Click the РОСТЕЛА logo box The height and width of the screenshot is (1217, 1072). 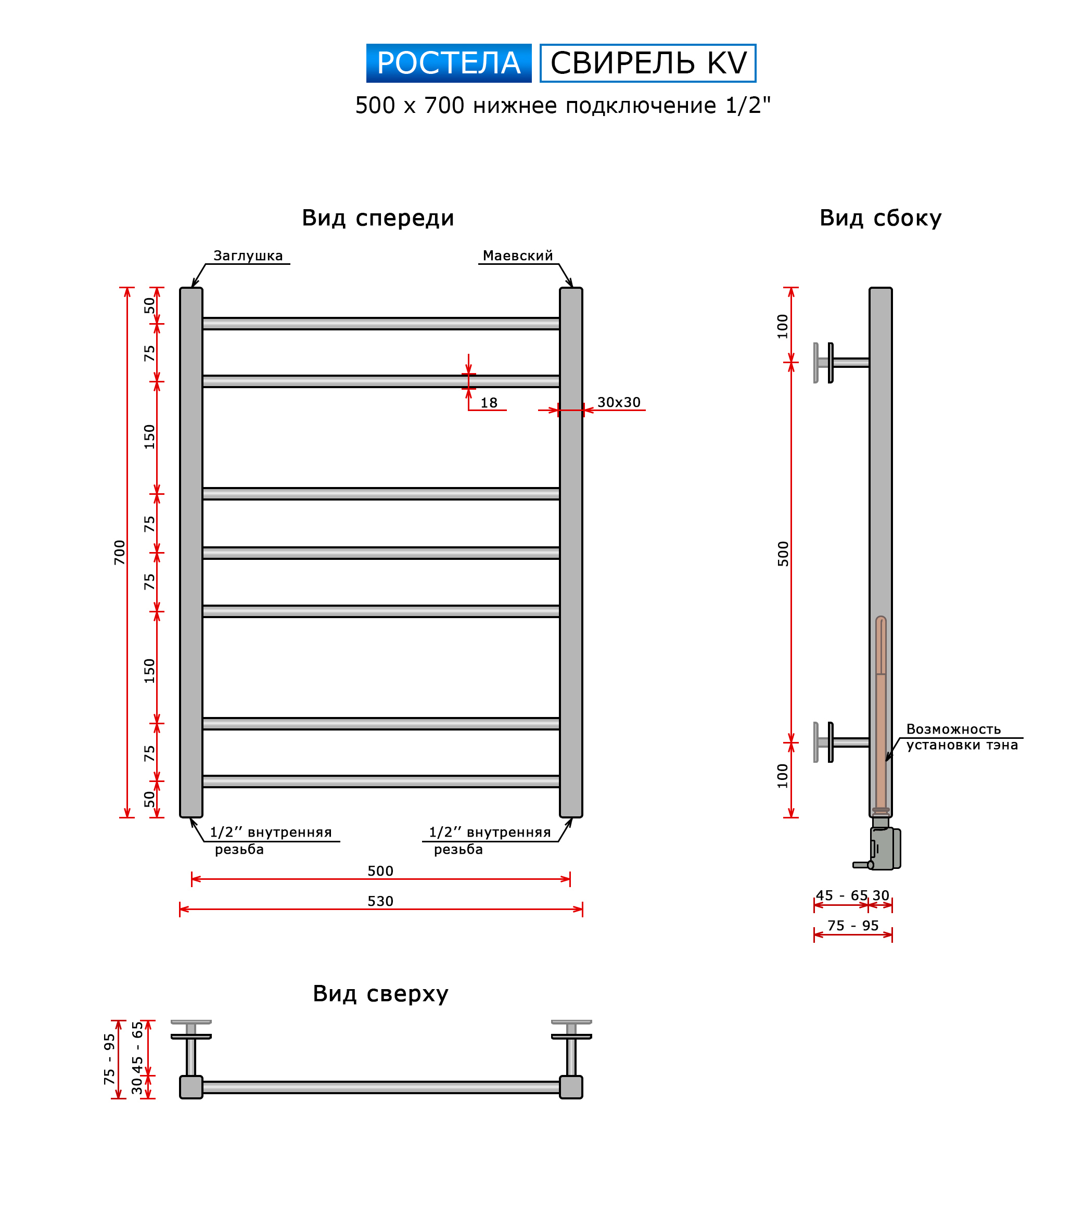point(449,62)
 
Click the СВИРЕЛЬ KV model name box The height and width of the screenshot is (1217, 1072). point(647,62)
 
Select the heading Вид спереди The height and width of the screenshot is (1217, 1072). point(378,218)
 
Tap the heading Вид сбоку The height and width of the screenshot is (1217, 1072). point(879,218)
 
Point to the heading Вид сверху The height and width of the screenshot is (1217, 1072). point(380,994)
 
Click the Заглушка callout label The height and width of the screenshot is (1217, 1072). point(248,255)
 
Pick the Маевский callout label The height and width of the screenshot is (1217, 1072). point(518,255)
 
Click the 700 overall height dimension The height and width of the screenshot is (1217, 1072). point(120,552)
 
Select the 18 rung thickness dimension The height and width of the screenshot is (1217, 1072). point(488,403)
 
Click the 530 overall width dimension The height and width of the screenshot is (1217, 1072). point(380,901)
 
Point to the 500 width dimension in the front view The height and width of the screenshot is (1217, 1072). point(380,870)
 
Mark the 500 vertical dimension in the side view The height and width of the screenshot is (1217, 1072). point(783,554)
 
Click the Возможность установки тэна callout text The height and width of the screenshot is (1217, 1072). point(961,737)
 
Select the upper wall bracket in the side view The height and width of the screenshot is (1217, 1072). point(841,363)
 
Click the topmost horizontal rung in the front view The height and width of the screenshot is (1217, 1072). point(380,323)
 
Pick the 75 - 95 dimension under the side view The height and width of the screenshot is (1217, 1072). point(852,925)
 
